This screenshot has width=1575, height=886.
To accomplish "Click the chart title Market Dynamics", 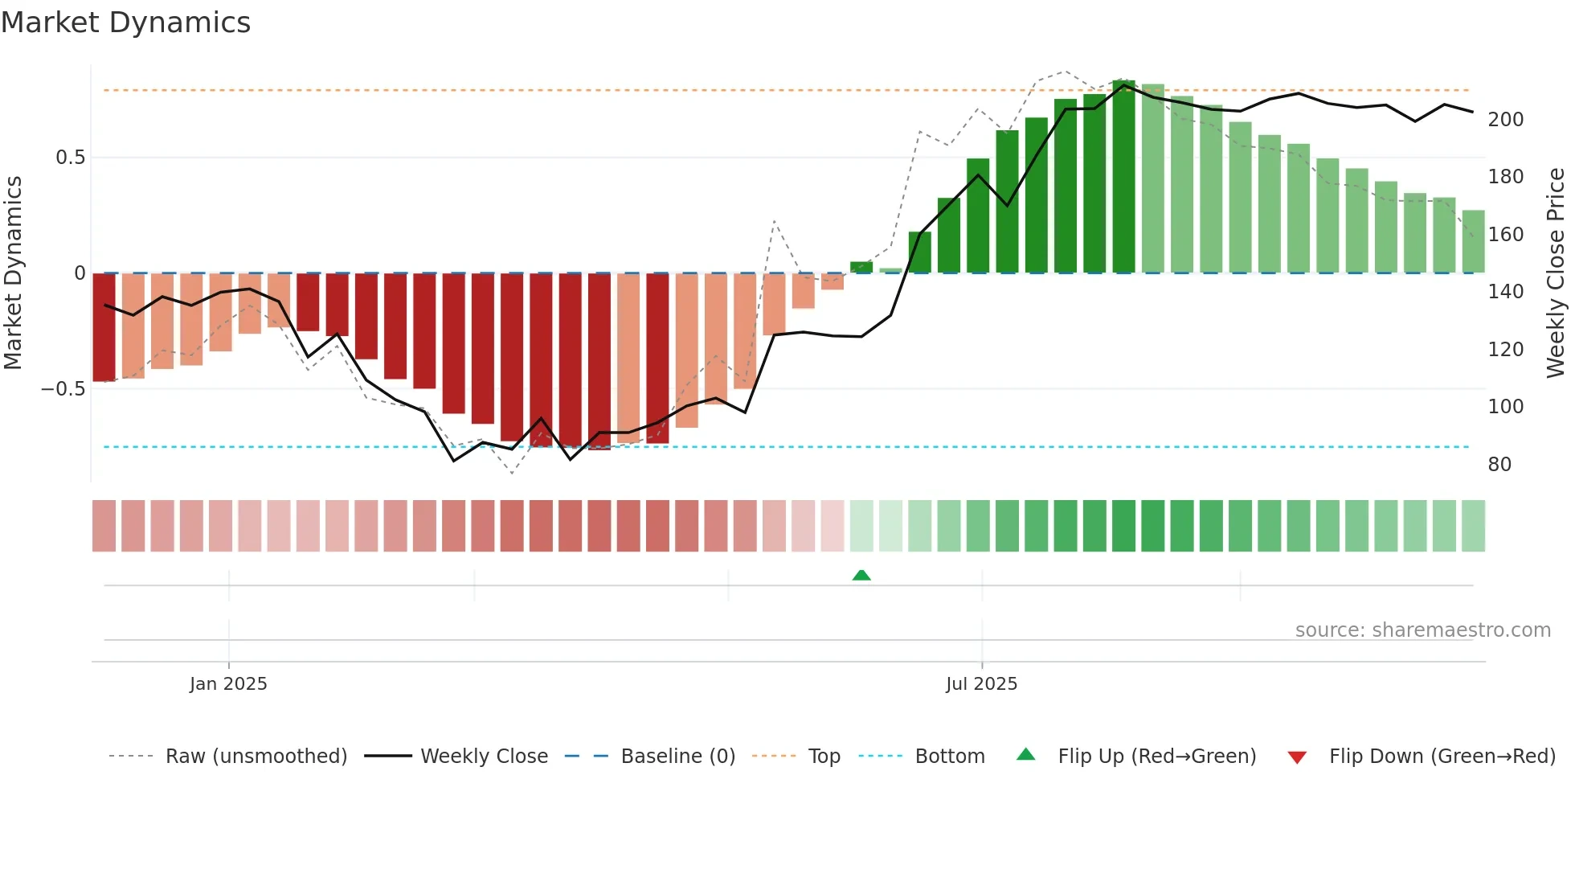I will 125,23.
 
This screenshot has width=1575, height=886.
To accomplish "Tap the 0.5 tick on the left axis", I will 70,158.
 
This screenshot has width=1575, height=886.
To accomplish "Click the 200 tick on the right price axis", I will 1505,120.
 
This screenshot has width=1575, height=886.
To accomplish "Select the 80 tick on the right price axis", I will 1499,465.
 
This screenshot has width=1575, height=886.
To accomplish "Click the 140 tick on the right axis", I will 1505,292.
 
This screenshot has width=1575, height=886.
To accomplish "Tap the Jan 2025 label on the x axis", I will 228,684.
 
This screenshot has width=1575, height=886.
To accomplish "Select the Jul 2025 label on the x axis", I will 981,684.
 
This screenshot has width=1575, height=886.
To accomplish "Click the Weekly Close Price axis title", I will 1556,273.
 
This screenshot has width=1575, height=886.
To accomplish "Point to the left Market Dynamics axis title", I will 13,273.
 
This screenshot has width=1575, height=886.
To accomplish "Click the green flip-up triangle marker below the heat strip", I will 861,576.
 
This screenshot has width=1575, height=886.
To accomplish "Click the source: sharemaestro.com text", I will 1422,630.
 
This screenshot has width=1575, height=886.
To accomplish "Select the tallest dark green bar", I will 1123,177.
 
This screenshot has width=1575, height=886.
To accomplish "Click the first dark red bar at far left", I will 104,327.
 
